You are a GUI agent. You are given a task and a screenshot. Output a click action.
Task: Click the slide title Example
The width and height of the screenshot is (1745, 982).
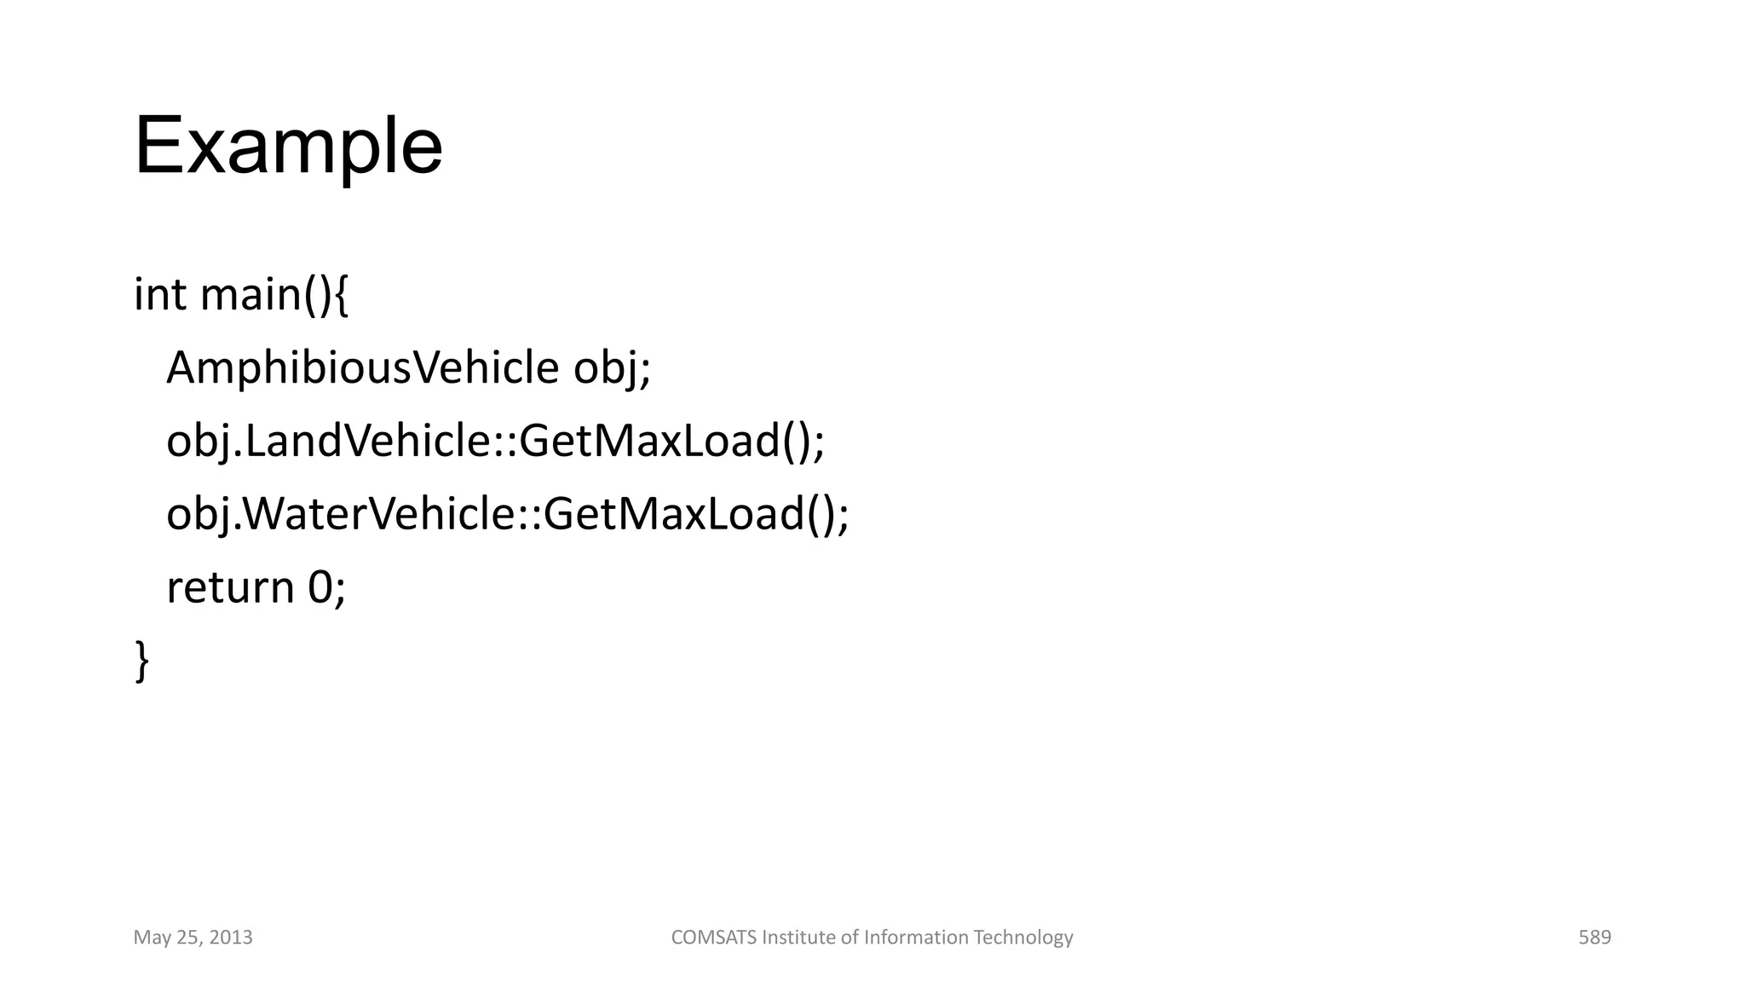tap(288, 147)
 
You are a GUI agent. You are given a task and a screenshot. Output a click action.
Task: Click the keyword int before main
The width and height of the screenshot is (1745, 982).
tap(159, 295)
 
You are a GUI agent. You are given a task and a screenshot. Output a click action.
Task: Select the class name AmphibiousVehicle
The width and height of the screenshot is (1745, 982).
tap(362, 368)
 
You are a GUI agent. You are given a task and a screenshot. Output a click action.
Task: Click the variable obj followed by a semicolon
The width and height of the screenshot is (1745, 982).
tap(607, 368)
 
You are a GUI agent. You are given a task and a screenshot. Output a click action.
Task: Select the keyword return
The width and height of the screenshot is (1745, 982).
tap(230, 588)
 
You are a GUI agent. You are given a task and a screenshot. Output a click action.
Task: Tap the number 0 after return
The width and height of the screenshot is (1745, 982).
tap(320, 588)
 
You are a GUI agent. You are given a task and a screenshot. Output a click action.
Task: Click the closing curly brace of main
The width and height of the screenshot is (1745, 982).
tap(141, 661)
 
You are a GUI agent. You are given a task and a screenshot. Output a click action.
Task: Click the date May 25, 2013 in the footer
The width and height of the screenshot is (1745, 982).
tap(193, 938)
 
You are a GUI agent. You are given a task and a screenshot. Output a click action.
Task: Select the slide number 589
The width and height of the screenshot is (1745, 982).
tap(1594, 938)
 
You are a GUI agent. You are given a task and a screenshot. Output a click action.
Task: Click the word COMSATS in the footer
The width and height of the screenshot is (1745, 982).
tap(714, 938)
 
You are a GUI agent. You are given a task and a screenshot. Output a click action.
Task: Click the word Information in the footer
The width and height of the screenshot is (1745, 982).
tap(916, 938)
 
